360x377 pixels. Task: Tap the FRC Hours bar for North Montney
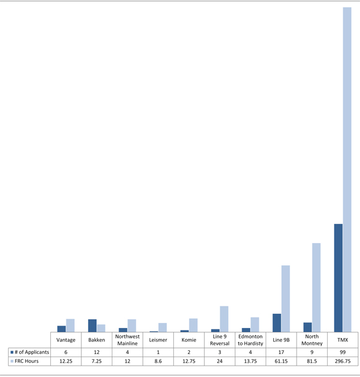[317, 287]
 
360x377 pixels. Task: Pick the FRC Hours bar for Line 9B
[286, 298]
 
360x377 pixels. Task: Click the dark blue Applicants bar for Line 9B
[277, 322]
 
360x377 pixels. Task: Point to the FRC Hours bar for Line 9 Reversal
[224, 319]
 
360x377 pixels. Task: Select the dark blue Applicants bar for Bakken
[92, 326]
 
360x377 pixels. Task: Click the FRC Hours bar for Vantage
[70, 325]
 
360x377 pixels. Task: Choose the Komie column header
[189, 340]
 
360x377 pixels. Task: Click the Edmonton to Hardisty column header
[251, 340]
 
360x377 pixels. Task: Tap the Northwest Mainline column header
[127, 340]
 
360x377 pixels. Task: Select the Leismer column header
[158, 340]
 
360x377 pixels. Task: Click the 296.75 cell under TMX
[343, 361]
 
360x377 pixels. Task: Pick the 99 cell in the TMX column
[343, 352]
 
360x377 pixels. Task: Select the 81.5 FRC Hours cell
[312, 361]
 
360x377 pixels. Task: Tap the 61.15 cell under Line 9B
[281, 361]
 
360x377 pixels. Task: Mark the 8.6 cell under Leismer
[158, 361]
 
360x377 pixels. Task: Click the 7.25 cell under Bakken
[97, 361]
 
